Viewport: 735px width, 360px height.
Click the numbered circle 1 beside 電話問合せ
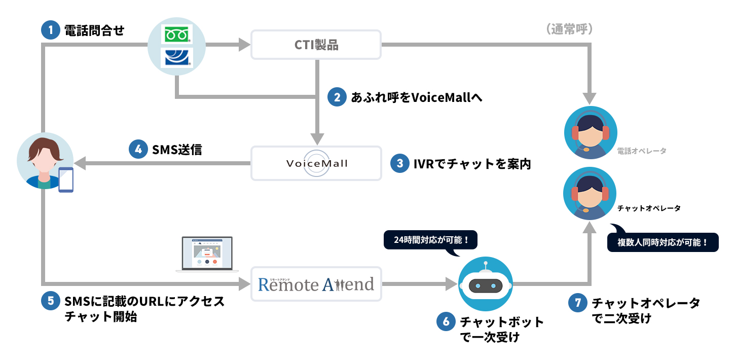(x=50, y=30)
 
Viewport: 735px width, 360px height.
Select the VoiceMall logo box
(x=316, y=163)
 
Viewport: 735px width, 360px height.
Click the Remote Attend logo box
(x=316, y=284)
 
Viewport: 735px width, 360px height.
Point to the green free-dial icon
(x=176, y=34)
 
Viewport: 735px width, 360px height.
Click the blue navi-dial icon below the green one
(x=176, y=58)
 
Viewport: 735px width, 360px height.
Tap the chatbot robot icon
(x=486, y=284)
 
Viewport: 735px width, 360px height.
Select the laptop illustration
(x=204, y=254)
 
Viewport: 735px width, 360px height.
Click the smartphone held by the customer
(x=66, y=179)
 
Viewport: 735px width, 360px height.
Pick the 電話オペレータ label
(x=642, y=151)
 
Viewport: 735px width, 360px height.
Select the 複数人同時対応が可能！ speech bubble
(x=663, y=242)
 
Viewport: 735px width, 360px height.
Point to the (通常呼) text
(x=570, y=30)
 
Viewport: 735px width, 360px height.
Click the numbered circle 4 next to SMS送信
(x=138, y=150)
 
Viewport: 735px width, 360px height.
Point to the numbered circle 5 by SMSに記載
(x=50, y=301)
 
